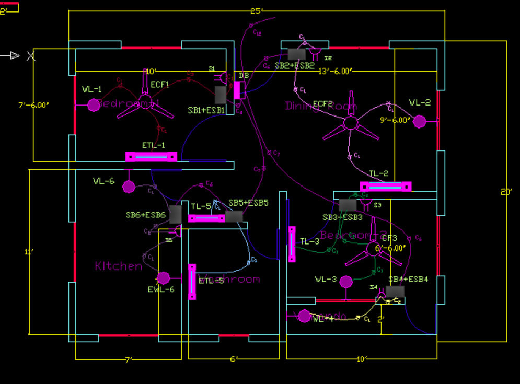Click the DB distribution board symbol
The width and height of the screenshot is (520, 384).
[239, 90]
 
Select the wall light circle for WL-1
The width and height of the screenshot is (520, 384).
[93, 105]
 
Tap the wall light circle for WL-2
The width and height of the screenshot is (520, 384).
[419, 122]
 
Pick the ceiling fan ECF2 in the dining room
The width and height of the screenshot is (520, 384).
[350, 123]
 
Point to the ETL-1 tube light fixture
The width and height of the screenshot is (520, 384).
[151, 156]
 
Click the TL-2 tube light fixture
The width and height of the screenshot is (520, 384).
[385, 187]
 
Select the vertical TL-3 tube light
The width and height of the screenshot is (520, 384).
[292, 244]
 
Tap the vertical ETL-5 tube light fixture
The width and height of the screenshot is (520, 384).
[192, 282]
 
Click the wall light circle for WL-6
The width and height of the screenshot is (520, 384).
[128, 187]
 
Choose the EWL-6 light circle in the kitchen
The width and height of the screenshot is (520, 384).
[164, 277]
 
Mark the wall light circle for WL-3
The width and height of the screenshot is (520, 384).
[345, 282]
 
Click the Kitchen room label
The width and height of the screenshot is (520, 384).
[119, 266]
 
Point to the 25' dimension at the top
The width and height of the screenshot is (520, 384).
[256, 11]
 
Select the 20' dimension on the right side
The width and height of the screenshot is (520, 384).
[506, 192]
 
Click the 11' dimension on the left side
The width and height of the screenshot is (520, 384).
[29, 252]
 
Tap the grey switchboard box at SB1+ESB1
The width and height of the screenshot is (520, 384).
[221, 95]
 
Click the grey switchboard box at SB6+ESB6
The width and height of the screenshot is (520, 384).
[175, 214]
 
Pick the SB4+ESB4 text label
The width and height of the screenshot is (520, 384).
[408, 280]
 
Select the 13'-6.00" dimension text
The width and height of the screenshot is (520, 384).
[336, 72]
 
